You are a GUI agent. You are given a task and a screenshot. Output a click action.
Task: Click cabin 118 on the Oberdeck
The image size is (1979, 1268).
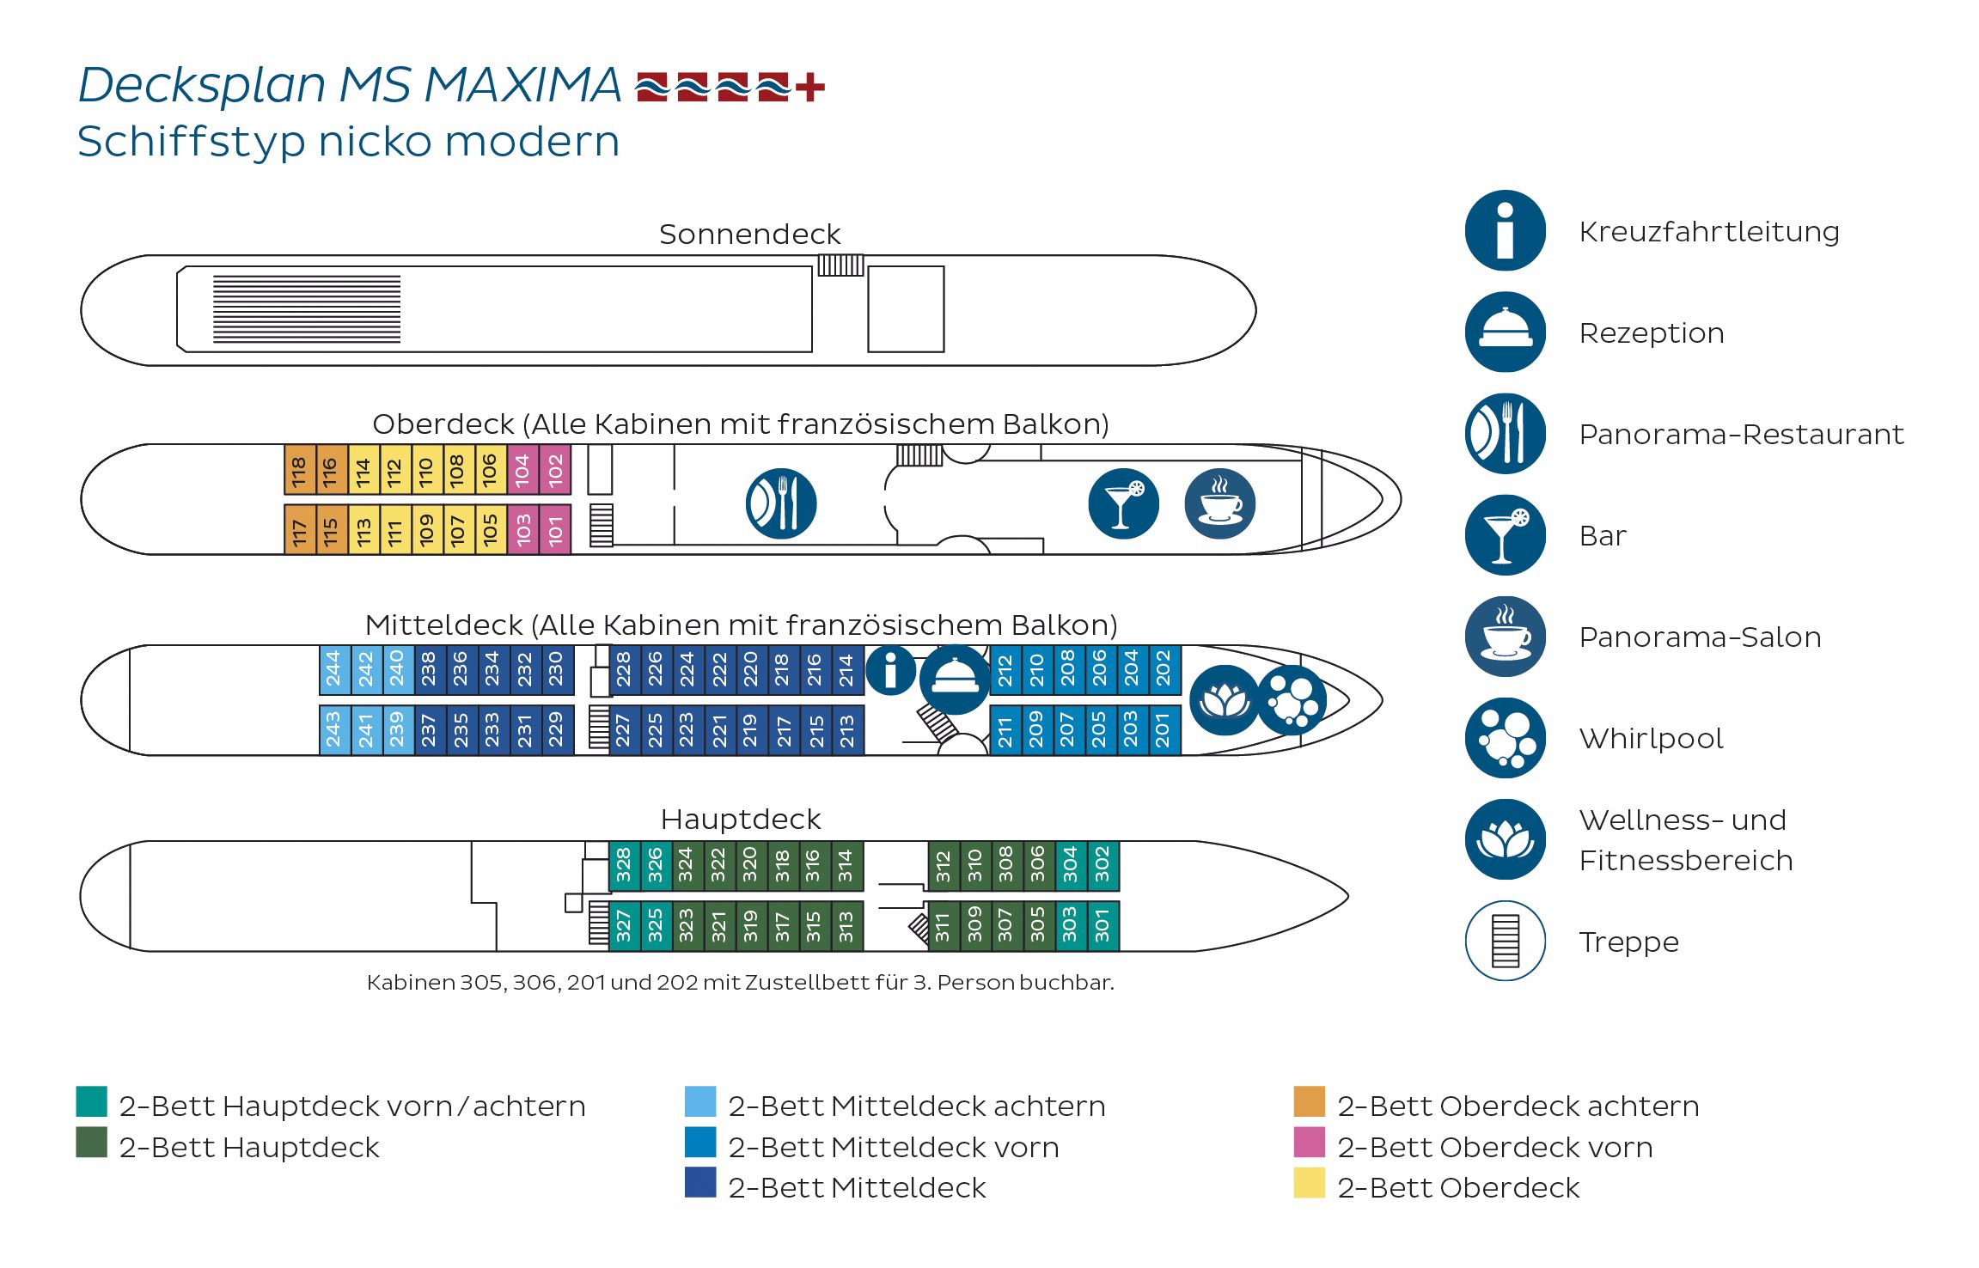[299, 470]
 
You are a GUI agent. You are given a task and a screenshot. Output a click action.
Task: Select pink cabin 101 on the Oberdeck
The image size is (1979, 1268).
[555, 530]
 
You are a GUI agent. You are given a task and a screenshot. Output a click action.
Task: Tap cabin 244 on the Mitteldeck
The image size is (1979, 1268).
[333, 669]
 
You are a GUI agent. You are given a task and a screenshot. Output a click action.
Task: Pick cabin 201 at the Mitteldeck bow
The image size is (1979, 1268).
[1163, 730]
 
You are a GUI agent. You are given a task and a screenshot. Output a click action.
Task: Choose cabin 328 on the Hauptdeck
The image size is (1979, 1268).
[624, 865]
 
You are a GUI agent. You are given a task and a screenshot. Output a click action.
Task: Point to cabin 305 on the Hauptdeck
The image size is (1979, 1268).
[1038, 925]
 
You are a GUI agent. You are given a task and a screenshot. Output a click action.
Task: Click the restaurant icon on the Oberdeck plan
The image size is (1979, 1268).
[780, 503]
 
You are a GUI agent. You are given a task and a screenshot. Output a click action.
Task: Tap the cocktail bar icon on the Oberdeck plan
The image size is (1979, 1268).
[1122, 503]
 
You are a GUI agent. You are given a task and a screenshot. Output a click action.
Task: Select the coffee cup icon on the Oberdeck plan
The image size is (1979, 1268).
[1219, 503]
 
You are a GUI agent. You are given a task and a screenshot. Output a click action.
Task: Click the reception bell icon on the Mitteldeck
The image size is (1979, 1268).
[954, 680]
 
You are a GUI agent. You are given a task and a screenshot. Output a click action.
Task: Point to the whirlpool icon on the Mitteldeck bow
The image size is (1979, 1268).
[1291, 700]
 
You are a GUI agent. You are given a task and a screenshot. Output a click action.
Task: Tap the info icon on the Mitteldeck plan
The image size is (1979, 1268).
[890, 670]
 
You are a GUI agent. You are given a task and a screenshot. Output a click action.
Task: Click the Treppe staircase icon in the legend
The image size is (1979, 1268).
[1505, 941]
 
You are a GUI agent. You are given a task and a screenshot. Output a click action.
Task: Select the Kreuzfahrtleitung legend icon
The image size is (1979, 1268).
[1505, 230]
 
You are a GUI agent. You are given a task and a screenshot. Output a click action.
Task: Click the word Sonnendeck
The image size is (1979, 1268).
[749, 234]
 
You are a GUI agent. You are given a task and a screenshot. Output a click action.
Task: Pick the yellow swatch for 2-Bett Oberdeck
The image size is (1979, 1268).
[1309, 1183]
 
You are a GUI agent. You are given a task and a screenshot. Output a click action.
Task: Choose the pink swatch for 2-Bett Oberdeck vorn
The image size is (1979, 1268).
[1309, 1143]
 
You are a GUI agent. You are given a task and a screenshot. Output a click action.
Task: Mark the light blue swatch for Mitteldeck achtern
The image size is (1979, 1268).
[699, 1101]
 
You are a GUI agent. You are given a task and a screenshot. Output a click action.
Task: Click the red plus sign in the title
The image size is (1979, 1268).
[809, 87]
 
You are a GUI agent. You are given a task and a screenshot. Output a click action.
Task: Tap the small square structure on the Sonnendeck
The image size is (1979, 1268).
[906, 309]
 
